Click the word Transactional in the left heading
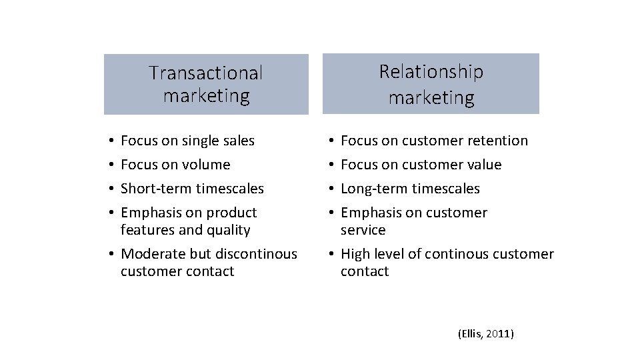click(206, 72)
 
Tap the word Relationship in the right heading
click(431, 71)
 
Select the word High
click(355, 254)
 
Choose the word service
click(363, 230)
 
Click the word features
click(147, 230)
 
